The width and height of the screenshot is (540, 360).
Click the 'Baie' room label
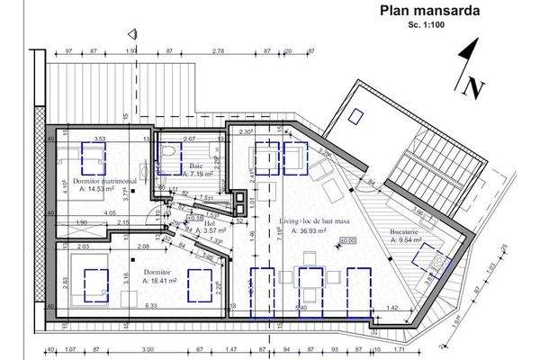click(x=196, y=163)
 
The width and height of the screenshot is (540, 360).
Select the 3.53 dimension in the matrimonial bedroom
click(x=100, y=139)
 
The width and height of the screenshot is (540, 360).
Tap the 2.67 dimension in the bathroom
click(x=190, y=139)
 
